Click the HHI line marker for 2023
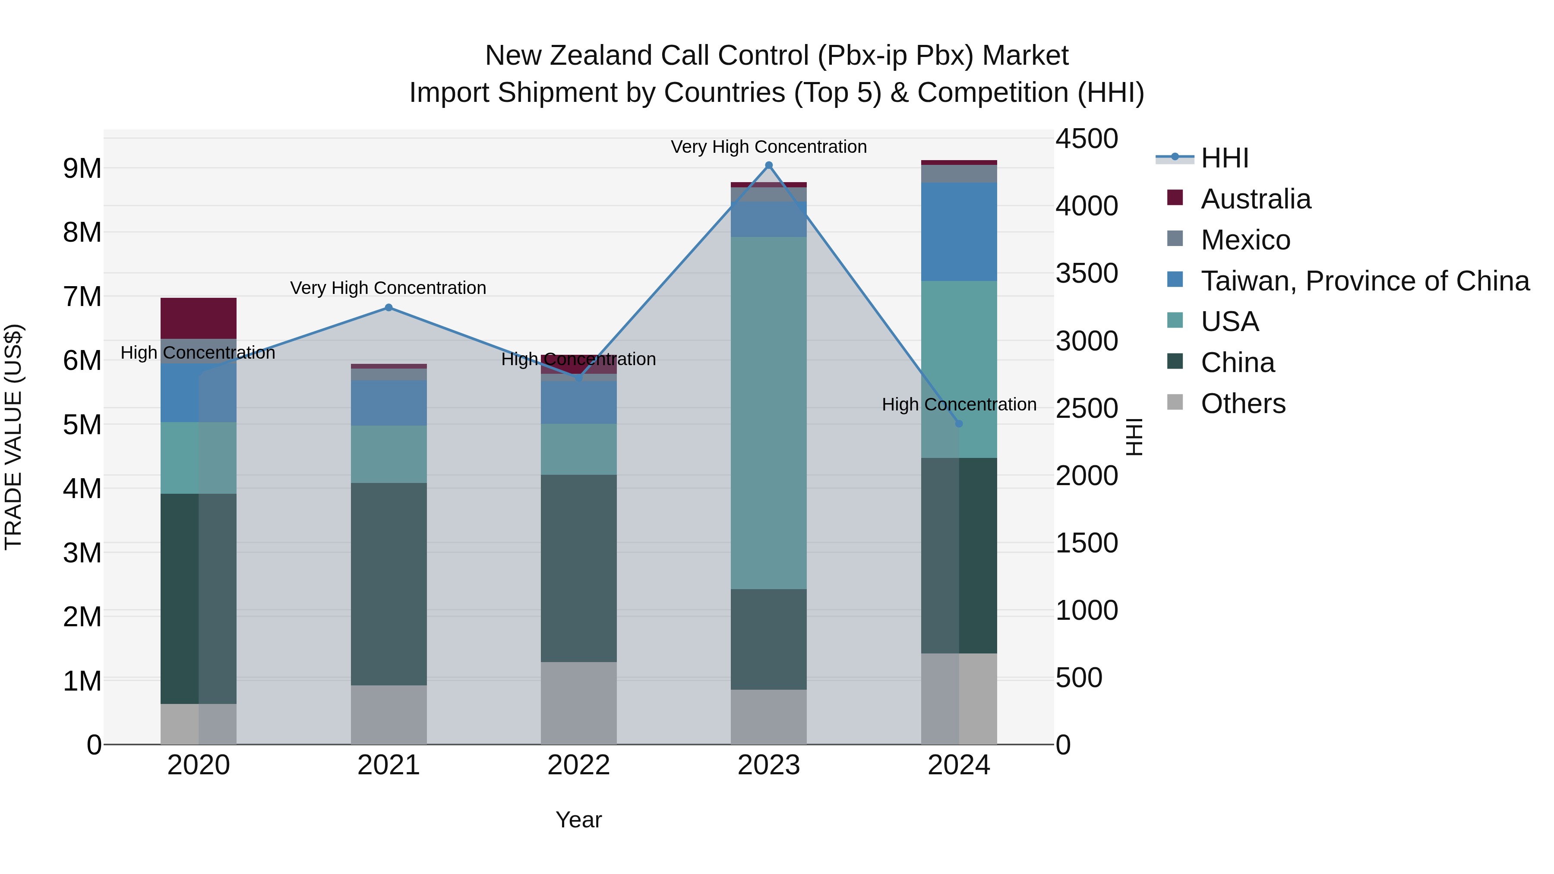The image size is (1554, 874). point(768,165)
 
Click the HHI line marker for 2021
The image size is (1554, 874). point(388,308)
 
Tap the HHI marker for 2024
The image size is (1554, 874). point(959,423)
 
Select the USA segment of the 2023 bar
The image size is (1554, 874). point(768,413)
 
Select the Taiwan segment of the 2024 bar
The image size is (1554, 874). point(959,232)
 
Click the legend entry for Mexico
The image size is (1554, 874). point(1244,240)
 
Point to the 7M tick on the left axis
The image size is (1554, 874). point(82,297)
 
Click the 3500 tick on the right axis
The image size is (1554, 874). point(1086,273)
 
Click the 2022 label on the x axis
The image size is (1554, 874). point(578,765)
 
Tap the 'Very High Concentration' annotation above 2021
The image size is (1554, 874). point(388,288)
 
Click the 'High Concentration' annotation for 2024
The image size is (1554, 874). point(959,405)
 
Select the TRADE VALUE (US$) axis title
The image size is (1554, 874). point(13,437)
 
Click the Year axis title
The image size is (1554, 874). point(578,820)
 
